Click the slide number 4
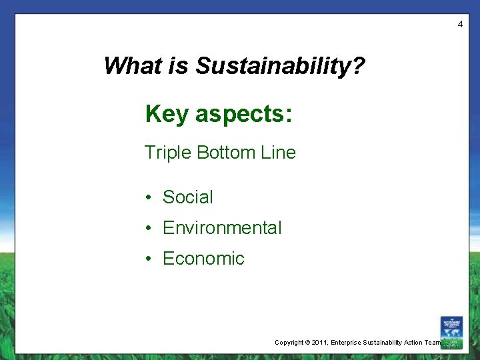click(459, 25)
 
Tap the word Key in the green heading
click(167, 114)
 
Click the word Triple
click(168, 153)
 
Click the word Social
click(188, 197)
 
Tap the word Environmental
click(222, 228)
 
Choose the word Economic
click(203, 259)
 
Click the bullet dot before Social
click(150, 198)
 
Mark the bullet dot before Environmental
click(150, 229)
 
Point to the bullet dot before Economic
click(150, 259)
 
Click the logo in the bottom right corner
click(451, 332)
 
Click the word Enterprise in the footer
click(349, 343)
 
